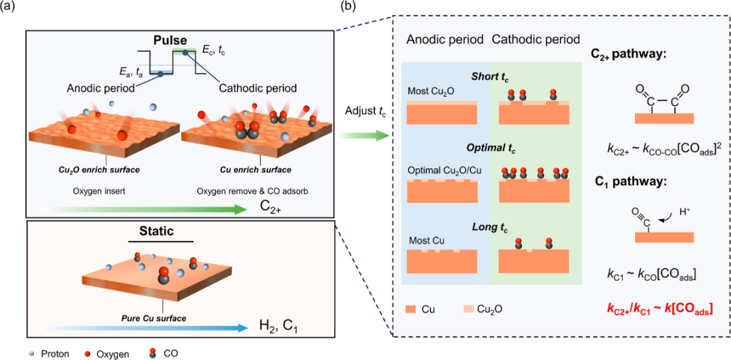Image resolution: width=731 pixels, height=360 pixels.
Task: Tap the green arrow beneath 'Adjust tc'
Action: point(363,136)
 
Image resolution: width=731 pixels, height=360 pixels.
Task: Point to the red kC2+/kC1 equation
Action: point(657,309)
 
